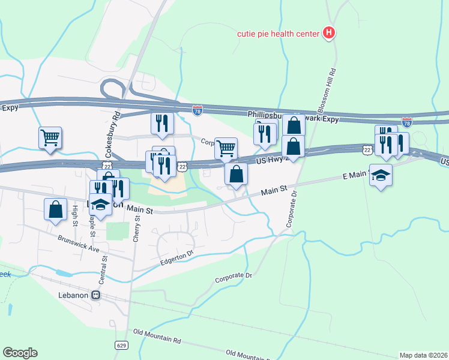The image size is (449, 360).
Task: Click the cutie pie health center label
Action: (277, 34)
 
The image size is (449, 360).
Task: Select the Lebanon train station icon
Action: (95, 295)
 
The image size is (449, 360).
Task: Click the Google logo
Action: (20, 353)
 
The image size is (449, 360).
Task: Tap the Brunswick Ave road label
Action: (79, 243)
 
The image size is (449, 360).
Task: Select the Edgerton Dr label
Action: (177, 257)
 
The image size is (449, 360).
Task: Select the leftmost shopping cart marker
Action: (50, 137)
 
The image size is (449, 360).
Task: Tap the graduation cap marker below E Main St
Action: (380, 175)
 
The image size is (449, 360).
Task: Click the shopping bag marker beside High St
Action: (55, 211)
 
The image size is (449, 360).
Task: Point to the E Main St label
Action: (354, 175)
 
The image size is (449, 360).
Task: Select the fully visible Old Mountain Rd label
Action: (157, 335)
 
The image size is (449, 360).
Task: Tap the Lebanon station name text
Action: (70, 295)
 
